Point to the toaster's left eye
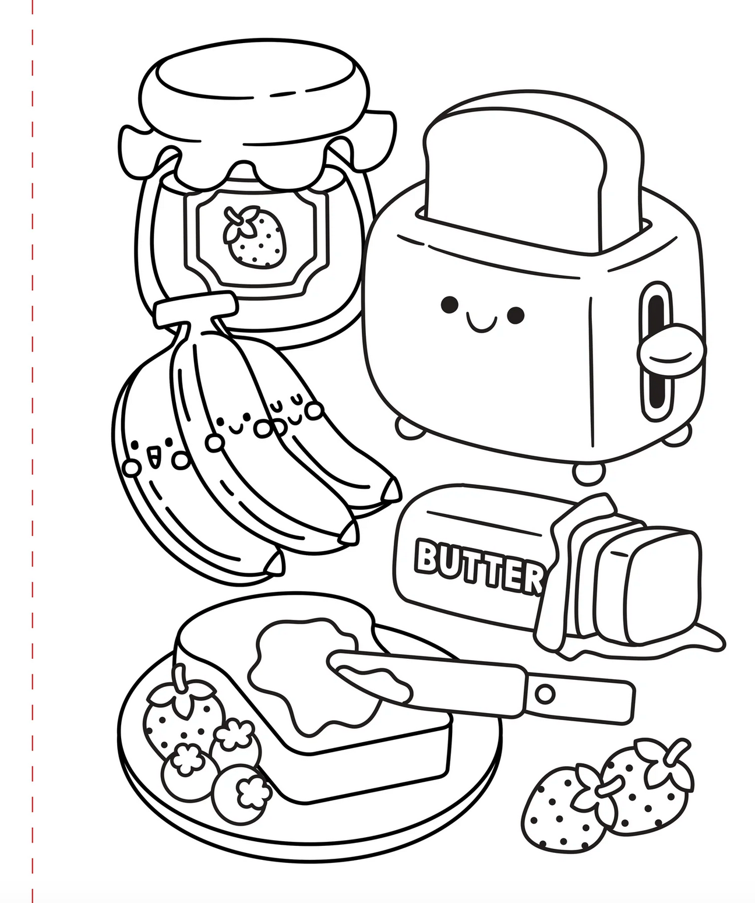449,304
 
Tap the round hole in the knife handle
545,694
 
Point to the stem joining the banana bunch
195,309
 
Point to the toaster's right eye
515,315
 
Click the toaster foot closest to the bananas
409,427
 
